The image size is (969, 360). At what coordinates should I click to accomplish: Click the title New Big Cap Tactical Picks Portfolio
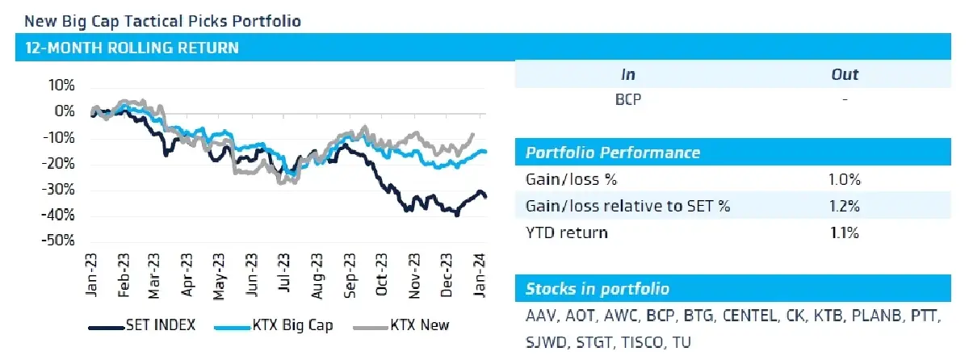pyautogui.click(x=162, y=21)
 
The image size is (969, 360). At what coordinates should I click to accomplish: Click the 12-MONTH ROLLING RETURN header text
pyautogui.click(x=132, y=48)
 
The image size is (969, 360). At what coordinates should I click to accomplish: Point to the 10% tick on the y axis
pyautogui.click(x=61, y=86)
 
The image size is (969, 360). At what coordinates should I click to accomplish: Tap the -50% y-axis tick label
pyautogui.click(x=58, y=241)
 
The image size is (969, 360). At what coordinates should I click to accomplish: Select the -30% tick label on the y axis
pyautogui.click(x=58, y=190)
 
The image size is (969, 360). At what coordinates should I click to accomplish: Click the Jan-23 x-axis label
pyautogui.click(x=91, y=275)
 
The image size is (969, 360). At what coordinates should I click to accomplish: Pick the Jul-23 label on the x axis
pyautogui.click(x=283, y=273)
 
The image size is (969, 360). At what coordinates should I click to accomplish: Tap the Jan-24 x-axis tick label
pyautogui.click(x=480, y=275)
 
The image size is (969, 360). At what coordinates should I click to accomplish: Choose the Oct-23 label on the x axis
pyautogui.click(x=381, y=274)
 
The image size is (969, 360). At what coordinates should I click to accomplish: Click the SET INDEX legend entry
pyautogui.click(x=142, y=325)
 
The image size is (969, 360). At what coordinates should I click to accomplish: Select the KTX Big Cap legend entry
pyautogui.click(x=274, y=325)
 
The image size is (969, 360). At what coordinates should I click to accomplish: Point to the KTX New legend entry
pyautogui.click(x=401, y=325)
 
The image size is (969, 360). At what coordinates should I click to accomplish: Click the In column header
pyautogui.click(x=628, y=75)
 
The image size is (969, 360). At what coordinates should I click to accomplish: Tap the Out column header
pyautogui.click(x=845, y=75)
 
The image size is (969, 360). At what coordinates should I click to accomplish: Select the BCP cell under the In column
pyautogui.click(x=628, y=99)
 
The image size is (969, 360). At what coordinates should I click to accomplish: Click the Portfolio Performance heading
pyautogui.click(x=613, y=153)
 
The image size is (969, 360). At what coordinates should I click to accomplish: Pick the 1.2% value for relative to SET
pyautogui.click(x=845, y=206)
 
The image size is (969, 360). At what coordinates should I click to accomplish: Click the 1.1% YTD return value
pyautogui.click(x=845, y=233)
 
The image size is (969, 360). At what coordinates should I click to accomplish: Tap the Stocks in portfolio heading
pyautogui.click(x=598, y=289)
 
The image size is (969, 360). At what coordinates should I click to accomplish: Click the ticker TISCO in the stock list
pyautogui.click(x=642, y=343)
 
